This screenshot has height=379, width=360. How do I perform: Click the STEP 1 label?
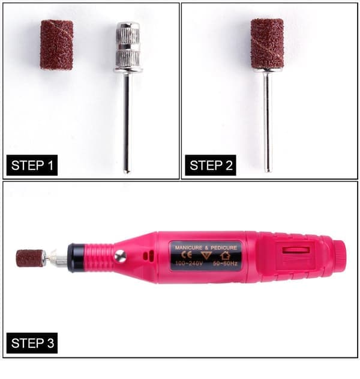click(32, 165)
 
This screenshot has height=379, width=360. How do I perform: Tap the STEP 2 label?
click(211, 165)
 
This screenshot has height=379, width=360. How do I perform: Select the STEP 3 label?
click(32, 343)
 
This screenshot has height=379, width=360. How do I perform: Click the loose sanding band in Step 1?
click(56, 45)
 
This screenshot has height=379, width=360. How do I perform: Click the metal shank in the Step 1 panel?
click(127, 122)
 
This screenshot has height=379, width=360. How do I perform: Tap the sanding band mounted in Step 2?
click(267, 43)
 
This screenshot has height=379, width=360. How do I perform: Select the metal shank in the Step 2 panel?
click(268, 122)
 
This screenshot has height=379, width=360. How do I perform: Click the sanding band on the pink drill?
click(29, 258)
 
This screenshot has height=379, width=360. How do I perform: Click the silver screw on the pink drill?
click(120, 256)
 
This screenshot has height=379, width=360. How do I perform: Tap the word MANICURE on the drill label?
click(188, 247)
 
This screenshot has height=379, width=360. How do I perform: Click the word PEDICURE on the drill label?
click(224, 247)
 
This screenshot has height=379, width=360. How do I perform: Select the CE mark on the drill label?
click(187, 255)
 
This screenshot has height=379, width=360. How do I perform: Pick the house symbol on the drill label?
click(225, 255)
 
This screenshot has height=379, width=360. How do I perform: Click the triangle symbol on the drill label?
click(206, 255)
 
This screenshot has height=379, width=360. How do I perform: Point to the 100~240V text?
click(189, 263)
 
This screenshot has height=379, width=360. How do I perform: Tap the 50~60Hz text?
click(225, 263)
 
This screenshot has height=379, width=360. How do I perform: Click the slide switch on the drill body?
click(296, 250)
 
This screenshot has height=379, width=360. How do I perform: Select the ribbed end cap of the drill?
click(340, 258)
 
